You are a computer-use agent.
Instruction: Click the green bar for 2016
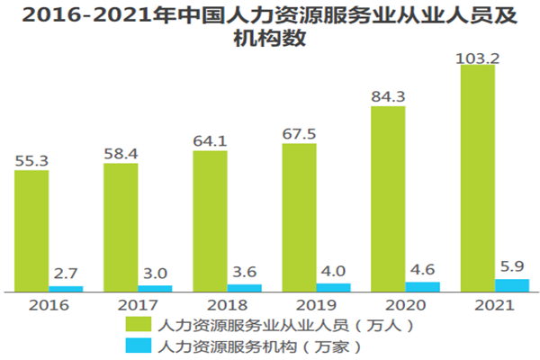click(x=31, y=230)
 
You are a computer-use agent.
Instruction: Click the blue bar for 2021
click(x=512, y=285)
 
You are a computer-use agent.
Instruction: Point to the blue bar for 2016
click(x=66, y=289)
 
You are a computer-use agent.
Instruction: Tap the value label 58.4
click(x=121, y=154)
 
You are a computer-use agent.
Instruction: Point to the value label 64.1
click(x=210, y=141)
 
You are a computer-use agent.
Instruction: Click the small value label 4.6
click(x=423, y=268)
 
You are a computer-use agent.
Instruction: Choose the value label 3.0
click(x=156, y=273)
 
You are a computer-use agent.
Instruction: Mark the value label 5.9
click(x=512, y=266)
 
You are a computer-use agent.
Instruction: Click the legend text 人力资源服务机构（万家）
click(x=258, y=345)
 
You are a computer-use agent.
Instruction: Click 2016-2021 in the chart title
click(x=80, y=15)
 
